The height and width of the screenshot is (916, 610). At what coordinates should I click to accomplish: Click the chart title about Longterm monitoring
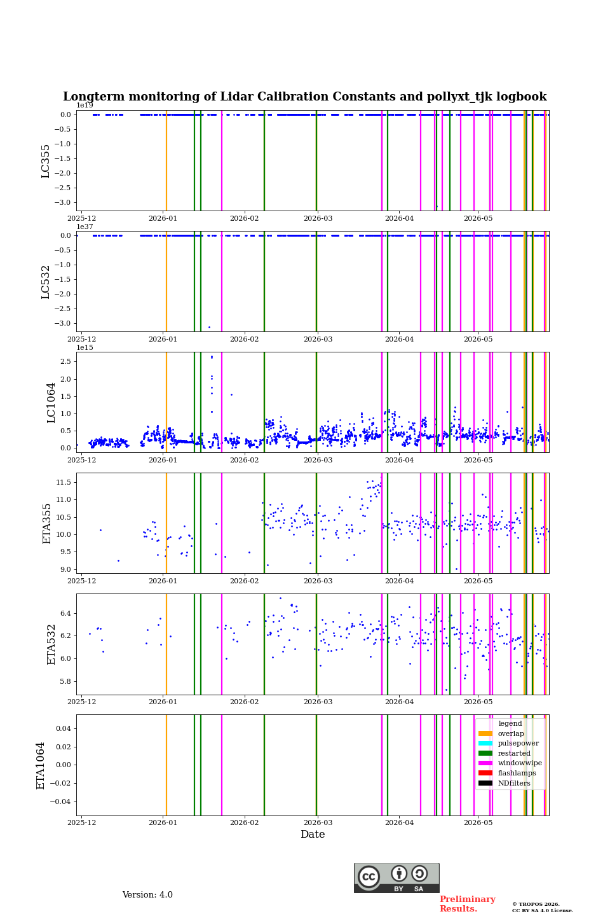(x=304, y=97)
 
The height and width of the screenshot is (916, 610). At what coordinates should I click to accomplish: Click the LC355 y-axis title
(x=45, y=161)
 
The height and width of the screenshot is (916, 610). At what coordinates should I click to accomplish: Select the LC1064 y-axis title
(x=50, y=403)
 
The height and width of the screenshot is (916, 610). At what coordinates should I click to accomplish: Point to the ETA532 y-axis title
(x=50, y=644)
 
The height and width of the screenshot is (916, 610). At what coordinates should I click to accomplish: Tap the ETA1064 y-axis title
(x=40, y=765)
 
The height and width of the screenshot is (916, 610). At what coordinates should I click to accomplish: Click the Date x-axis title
(x=313, y=834)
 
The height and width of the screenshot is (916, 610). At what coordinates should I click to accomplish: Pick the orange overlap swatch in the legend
(x=485, y=733)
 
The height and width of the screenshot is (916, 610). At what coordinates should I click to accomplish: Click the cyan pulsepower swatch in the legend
(x=485, y=743)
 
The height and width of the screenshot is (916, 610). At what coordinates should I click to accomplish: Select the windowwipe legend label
(x=520, y=763)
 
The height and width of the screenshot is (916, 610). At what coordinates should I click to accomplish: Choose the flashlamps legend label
(x=517, y=773)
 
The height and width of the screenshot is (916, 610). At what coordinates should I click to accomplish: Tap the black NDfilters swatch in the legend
(x=485, y=783)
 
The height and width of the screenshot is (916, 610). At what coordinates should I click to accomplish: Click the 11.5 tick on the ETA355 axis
(x=64, y=482)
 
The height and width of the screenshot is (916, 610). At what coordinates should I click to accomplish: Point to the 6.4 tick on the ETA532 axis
(x=65, y=613)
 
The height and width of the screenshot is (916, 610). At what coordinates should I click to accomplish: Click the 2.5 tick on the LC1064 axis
(x=65, y=361)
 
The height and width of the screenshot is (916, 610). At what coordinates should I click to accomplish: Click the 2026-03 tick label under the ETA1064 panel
(x=318, y=822)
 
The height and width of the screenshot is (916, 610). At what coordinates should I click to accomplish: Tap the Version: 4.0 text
(x=147, y=895)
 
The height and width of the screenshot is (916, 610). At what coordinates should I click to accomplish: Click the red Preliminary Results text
(x=468, y=904)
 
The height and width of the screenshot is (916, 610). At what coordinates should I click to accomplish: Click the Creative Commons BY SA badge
(x=396, y=878)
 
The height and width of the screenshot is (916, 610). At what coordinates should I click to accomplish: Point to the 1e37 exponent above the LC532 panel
(x=85, y=226)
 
